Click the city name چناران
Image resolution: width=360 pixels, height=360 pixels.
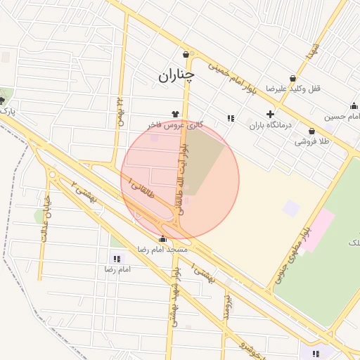[176, 74]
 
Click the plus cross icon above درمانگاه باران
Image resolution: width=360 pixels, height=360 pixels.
[270, 114]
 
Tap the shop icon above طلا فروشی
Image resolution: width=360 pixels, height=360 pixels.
[312, 130]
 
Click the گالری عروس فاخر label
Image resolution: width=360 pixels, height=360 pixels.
[175, 124]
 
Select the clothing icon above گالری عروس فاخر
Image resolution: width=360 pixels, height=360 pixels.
[175, 113]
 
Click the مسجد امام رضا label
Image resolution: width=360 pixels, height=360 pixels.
[163, 250]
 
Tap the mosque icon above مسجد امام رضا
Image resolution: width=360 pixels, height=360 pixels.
[163, 238]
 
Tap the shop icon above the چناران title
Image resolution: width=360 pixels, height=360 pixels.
[186, 55]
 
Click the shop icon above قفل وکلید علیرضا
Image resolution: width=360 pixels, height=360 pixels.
[293, 78]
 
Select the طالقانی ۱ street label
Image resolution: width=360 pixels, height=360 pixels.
[143, 186]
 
